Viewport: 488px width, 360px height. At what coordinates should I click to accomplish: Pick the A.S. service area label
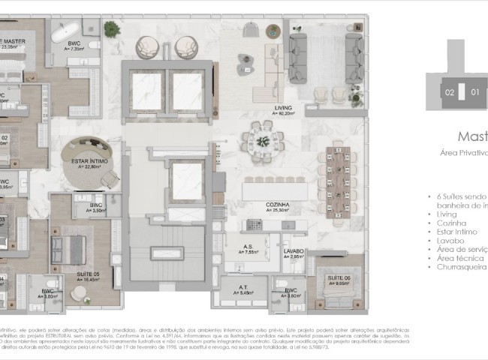pos(246,247)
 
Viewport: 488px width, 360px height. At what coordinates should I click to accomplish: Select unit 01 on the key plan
pos(474,93)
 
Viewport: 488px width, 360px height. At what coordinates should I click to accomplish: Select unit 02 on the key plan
pos(449,93)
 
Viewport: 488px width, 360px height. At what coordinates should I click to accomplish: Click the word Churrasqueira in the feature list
pos(461,266)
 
